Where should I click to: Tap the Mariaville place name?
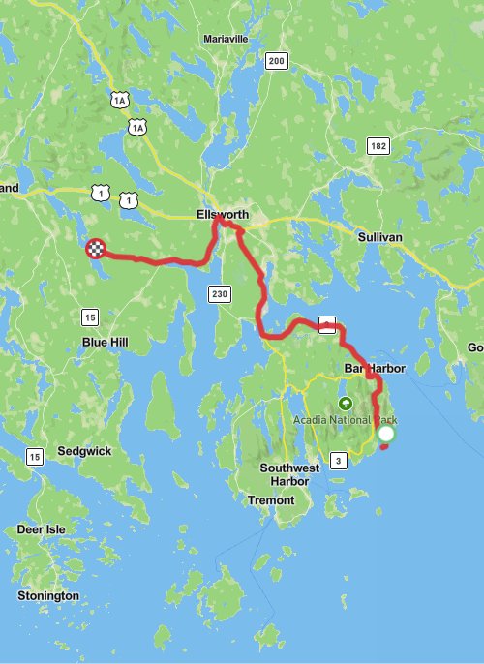tap(227, 39)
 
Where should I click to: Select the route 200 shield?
tap(276, 61)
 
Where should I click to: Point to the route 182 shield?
tap(378, 145)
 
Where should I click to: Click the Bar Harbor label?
tap(374, 369)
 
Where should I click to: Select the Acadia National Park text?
tap(346, 420)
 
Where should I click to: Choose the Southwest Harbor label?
tap(290, 474)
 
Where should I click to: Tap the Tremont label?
tap(264, 499)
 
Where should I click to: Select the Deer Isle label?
tap(43, 529)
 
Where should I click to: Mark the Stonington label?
tap(47, 595)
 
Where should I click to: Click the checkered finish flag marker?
tap(95, 250)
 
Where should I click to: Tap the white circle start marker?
tap(386, 436)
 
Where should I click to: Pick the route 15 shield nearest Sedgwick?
tap(35, 456)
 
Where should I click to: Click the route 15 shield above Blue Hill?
tap(90, 317)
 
